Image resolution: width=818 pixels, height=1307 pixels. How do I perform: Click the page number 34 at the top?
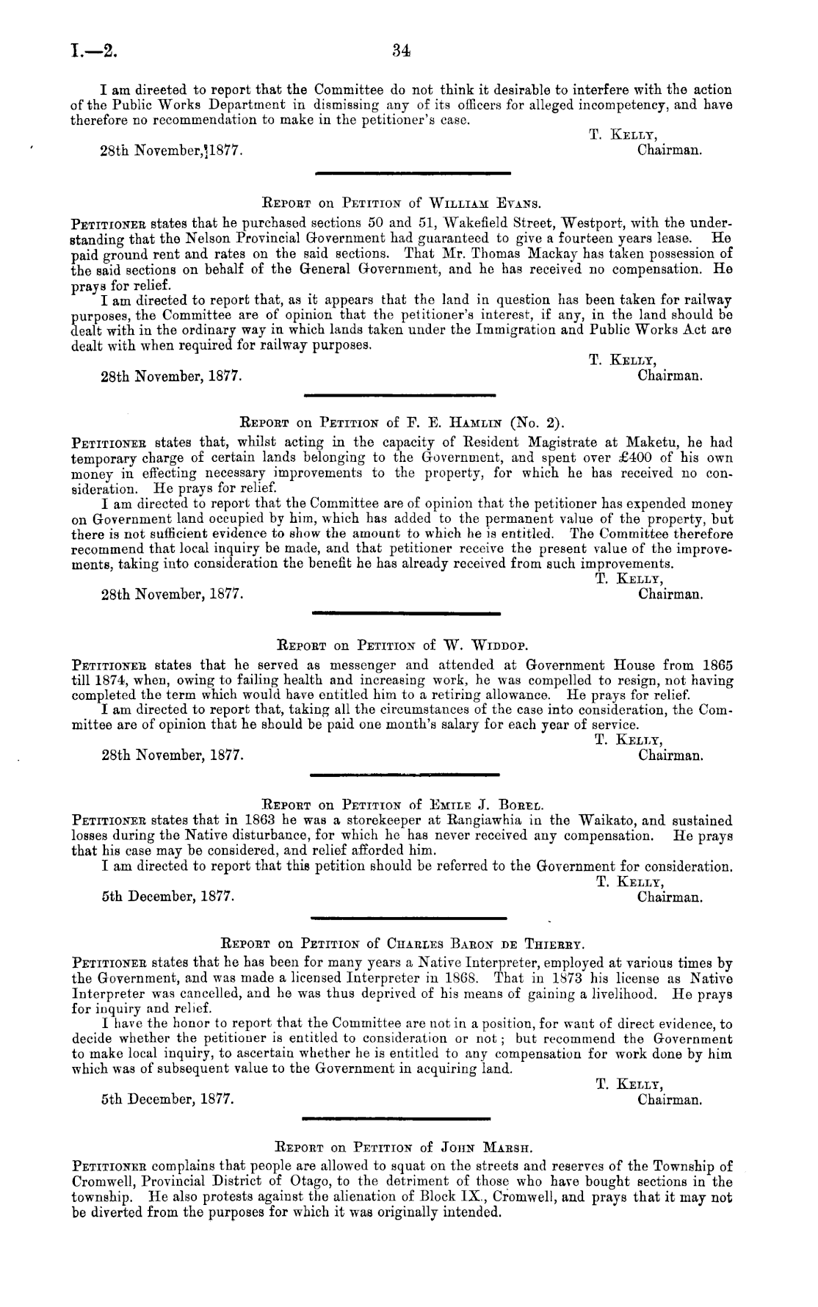[400, 51]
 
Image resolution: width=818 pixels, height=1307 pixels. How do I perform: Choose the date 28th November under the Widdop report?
[171, 754]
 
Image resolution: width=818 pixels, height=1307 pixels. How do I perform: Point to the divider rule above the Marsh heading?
[396, 1118]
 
